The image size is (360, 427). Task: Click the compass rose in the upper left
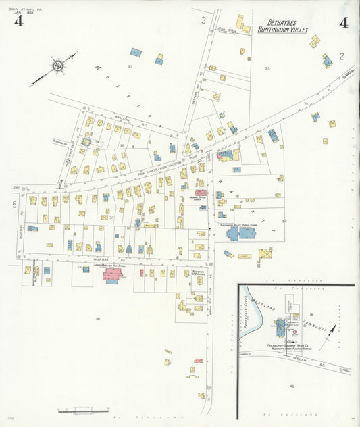(x=57, y=66)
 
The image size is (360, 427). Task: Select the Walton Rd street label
(x=122, y=118)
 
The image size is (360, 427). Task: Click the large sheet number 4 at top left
(x=18, y=22)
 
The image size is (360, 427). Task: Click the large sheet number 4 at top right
(x=344, y=22)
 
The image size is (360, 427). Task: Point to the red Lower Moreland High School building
(x=112, y=275)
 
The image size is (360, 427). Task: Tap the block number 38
(x=97, y=318)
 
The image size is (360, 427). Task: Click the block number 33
(x=267, y=68)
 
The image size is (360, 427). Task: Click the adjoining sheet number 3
(x=203, y=21)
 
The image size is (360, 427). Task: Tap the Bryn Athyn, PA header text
(x=21, y=8)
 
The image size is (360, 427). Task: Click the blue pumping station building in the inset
(x=281, y=326)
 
